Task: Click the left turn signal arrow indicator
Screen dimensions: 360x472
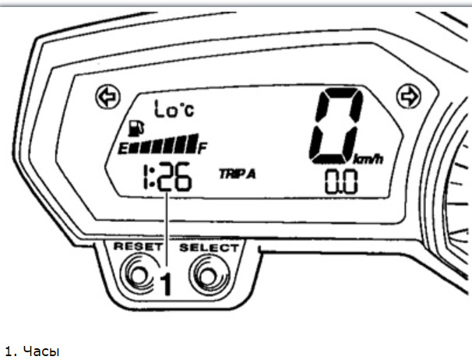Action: point(105,96)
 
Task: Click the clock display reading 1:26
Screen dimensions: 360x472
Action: point(166,180)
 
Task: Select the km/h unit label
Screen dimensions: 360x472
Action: point(369,160)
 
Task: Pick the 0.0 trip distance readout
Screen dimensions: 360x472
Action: point(340,182)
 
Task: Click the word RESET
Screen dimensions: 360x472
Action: point(135,247)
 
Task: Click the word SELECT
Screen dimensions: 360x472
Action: point(210,247)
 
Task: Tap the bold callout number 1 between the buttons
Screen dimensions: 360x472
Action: point(165,285)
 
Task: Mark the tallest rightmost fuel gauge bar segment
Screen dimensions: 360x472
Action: point(192,144)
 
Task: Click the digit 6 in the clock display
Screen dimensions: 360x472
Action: point(181,180)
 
